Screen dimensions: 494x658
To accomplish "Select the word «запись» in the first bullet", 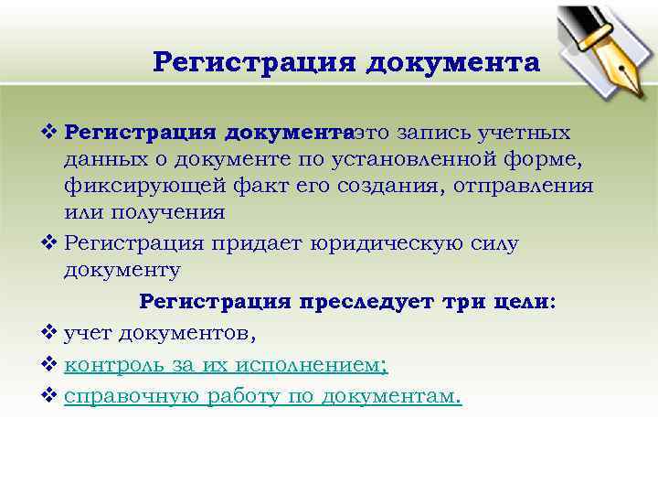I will tap(443, 133).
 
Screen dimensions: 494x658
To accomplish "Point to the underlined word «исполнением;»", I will tap(311, 365).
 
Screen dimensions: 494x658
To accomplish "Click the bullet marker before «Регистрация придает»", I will tap(50, 243).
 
